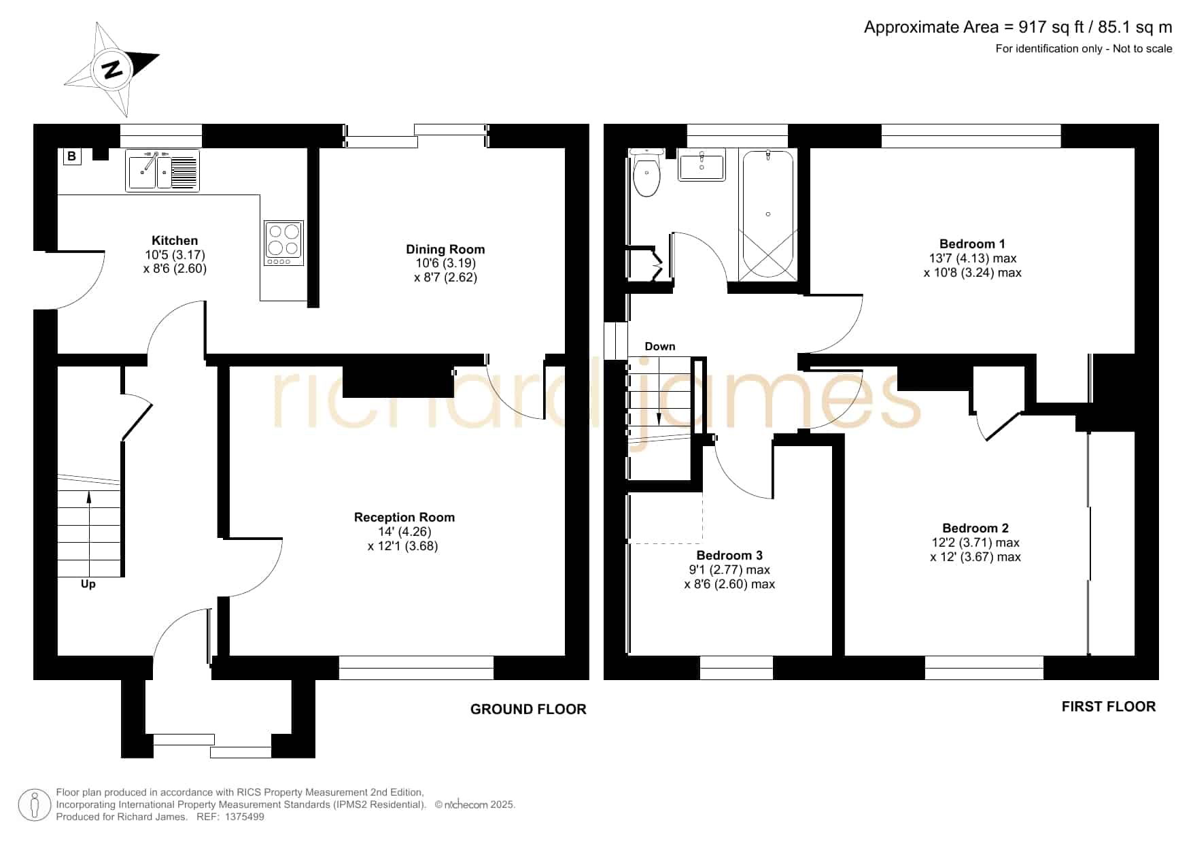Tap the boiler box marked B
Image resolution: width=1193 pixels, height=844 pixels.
point(71,157)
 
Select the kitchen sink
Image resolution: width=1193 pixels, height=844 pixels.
point(162,170)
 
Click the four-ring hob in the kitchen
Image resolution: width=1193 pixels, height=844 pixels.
point(283,243)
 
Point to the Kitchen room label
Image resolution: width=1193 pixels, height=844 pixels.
point(175,241)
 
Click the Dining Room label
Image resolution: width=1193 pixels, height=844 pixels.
point(445,250)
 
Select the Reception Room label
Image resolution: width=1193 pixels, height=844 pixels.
point(404,518)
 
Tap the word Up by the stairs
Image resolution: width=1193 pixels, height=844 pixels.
point(88,584)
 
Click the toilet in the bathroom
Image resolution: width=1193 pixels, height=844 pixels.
point(646,173)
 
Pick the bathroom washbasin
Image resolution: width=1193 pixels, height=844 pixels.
point(702,164)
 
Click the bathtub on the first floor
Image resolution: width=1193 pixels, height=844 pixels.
point(767,215)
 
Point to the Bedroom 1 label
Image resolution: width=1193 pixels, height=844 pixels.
point(972,244)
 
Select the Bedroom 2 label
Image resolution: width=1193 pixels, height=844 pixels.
point(975,528)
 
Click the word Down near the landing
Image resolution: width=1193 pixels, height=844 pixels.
point(660,347)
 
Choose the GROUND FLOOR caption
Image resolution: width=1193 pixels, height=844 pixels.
point(528,709)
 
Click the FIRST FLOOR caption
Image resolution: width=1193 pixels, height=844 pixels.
point(1109,707)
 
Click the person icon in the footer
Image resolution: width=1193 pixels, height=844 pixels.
point(34,805)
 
